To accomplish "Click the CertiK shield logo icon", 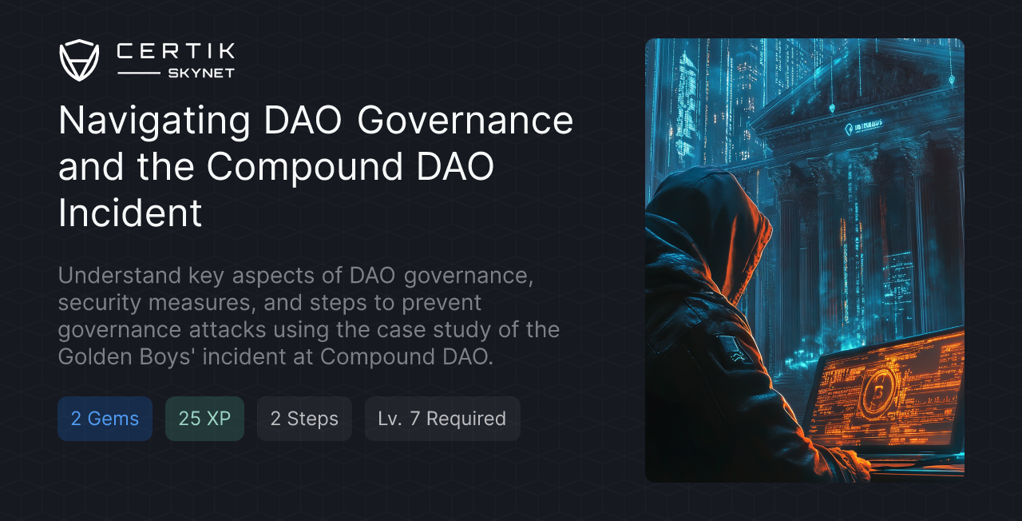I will point(79,60).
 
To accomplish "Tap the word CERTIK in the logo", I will point(176,52).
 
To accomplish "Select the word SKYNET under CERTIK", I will point(200,73).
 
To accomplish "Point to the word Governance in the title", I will point(465,121).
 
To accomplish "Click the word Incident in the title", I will point(130,213).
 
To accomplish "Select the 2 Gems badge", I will point(105,419).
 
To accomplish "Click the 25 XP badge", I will point(204,419).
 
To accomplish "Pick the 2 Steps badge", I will point(304,419).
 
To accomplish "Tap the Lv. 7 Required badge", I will point(442,419).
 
